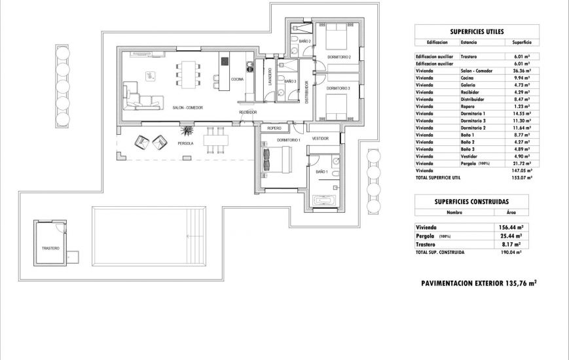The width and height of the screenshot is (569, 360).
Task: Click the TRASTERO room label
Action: [50, 248]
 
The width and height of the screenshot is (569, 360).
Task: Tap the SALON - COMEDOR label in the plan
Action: [188, 108]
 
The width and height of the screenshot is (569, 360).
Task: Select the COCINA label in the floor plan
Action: [237, 79]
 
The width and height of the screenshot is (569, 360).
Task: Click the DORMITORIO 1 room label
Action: [288, 140]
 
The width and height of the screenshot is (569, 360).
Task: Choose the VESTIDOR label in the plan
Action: [320, 139]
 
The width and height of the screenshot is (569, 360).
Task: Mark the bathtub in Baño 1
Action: [324, 200]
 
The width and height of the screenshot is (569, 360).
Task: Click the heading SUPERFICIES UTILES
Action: [477, 31]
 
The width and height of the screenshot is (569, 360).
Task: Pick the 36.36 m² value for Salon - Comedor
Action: [521, 71]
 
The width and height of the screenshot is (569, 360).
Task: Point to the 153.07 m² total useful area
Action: [521, 177]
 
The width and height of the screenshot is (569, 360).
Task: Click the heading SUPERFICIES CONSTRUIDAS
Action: [477, 202]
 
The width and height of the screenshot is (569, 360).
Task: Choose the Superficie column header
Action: [521, 42]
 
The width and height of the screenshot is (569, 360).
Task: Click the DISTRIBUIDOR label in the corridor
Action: [305, 92]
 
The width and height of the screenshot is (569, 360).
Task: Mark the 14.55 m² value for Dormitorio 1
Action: [521, 114]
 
